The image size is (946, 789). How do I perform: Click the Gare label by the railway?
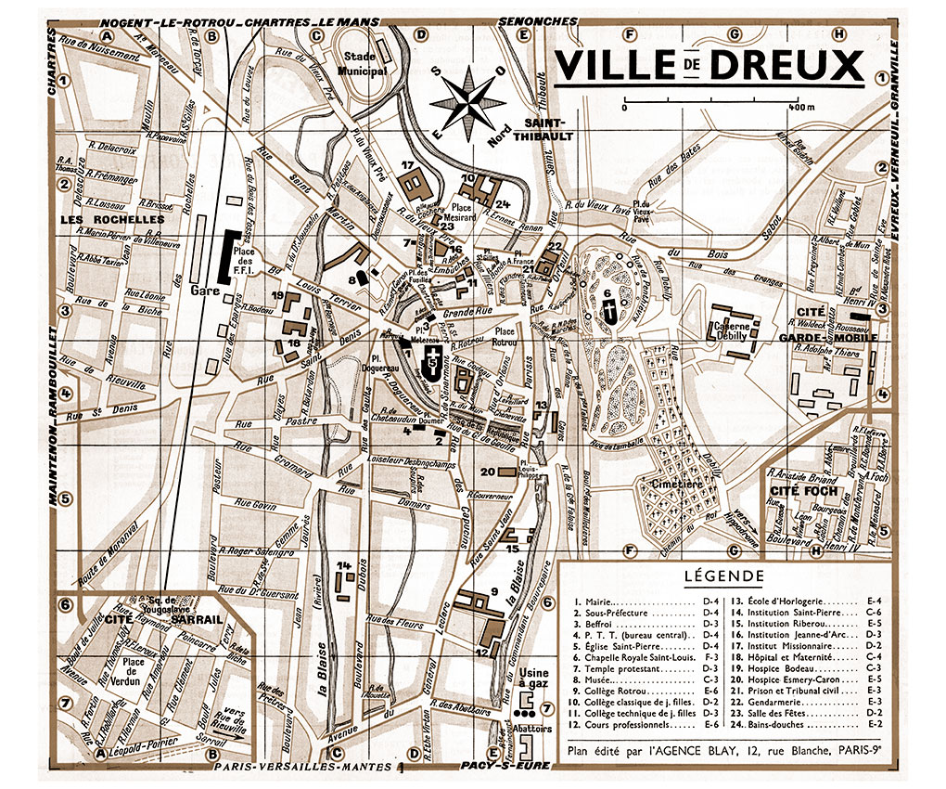pos(203,291)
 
